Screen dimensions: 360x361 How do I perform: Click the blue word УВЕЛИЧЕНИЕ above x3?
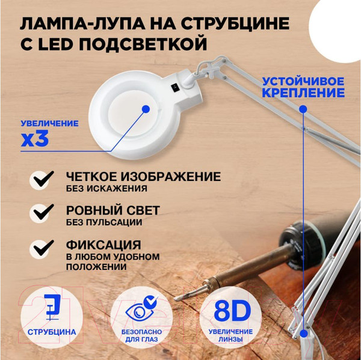(x=49, y=124)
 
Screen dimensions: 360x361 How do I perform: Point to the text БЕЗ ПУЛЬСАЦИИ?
(x=105, y=222)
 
